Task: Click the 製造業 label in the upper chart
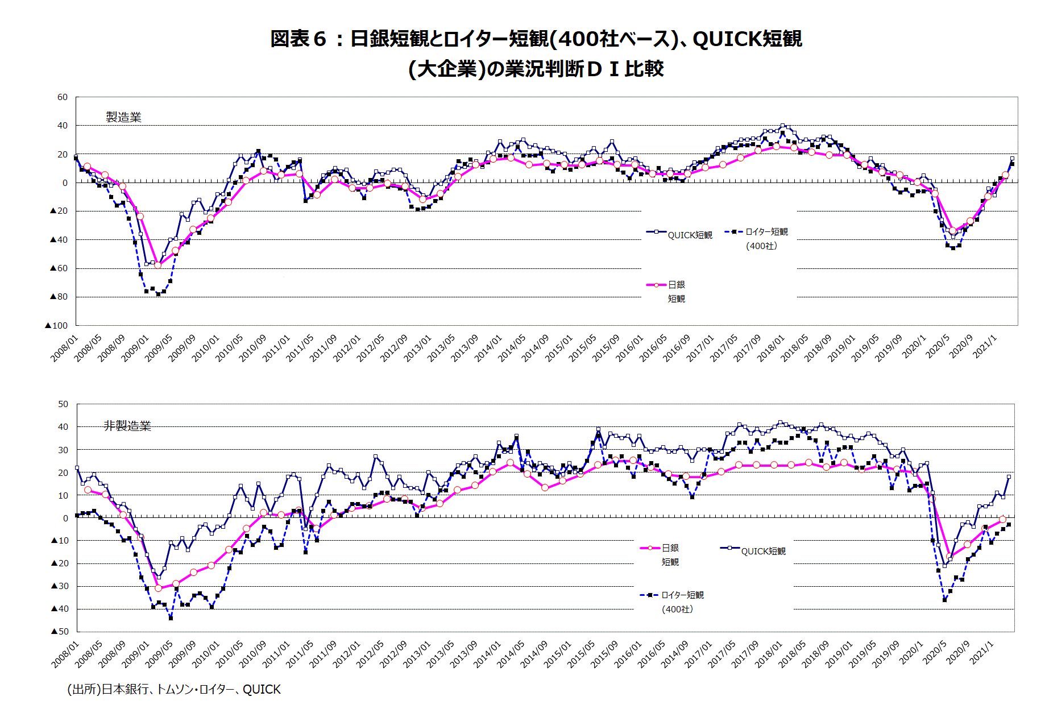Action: point(123,117)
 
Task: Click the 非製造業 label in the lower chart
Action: point(127,426)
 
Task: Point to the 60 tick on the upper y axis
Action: point(63,97)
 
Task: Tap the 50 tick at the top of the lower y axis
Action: point(63,404)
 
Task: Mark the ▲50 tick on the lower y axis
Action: point(60,632)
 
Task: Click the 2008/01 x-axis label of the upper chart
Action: point(64,348)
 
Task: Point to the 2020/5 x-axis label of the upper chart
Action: point(938,346)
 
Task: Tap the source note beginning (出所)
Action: point(174,689)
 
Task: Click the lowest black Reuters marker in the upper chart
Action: point(158,295)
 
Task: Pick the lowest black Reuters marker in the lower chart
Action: point(171,617)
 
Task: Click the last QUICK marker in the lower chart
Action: point(1009,477)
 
